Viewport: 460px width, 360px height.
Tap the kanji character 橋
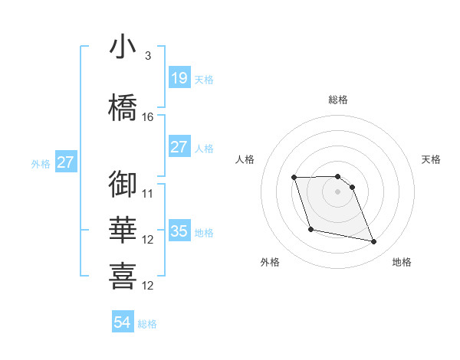pyautogui.click(x=123, y=106)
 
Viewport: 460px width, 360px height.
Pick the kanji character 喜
pyautogui.click(x=123, y=275)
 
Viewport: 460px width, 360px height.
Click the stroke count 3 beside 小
pyautogui.click(x=147, y=57)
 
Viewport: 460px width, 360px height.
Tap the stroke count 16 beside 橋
pyautogui.click(x=148, y=116)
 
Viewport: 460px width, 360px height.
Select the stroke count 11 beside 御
pyautogui.click(x=148, y=193)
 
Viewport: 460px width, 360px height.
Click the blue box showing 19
pyautogui.click(x=179, y=77)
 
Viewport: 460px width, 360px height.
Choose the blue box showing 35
pyautogui.click(x=179, y=231)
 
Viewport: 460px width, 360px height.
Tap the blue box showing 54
pyautogui.click(x=123, y=322)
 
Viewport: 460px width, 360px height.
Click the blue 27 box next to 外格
pyautogui.click(x=65, y=162)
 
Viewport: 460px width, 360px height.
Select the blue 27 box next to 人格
pyautogui.click(x=179, y=147)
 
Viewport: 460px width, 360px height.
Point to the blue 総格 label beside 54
pyautogui.click(x=147, y=324)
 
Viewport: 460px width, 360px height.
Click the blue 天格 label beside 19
pyautogui.click(x=203, y=79)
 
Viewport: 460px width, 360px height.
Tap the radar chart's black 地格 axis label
pyautogui.click(x=402, y=262)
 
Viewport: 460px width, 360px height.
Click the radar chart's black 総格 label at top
pyautogui.click(x=337, y=100)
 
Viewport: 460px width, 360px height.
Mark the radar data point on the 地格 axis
pyautogui.click(x=374, y=242)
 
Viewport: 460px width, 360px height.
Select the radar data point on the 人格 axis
pyautogui.click(x=294, y=178)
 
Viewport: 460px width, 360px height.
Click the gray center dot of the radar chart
pyautogui.click(x=337, y=191)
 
